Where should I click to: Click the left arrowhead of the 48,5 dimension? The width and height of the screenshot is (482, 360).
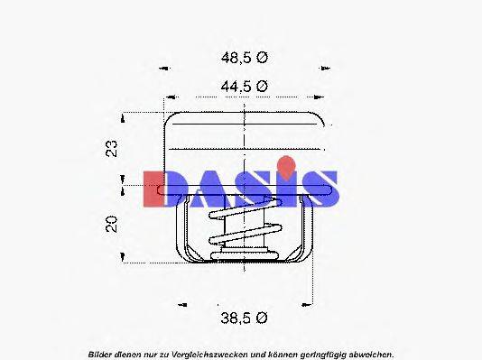coord(163,68)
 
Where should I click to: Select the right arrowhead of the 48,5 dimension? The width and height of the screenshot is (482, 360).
coord(323,68)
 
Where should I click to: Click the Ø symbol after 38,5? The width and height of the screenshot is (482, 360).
coord(263,318)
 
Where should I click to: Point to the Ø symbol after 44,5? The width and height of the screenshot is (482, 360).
coord(263,87)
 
